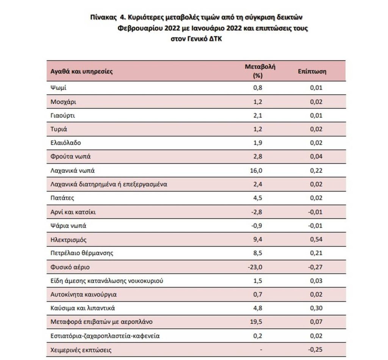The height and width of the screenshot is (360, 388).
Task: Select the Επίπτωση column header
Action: pyautogui.click(x=312, y=71)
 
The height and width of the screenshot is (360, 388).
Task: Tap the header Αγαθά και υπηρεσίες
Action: pyautogui.click(x=81, y=71)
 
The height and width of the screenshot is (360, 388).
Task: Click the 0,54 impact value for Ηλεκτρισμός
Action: pyautogui.click(x=316, y=239)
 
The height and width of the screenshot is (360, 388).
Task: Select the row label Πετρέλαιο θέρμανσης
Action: pyautogui.click(x=81, y=253)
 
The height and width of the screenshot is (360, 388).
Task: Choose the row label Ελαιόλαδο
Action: pyautogui.click(x=65, y=143)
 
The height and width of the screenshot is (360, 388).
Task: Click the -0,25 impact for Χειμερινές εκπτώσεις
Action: pyautogui.click(x=315, y=350)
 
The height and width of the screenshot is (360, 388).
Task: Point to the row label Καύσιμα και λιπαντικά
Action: pyautogui.click(x=83, y=308)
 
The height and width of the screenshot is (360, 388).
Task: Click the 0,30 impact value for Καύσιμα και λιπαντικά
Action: pyautogui.click(x=316, y=308)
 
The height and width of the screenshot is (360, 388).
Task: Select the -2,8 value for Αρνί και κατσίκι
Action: pyautogui.click(x=256, y=212)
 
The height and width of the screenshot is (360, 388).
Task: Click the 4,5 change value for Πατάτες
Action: pyautogui.click(x=258, y=198)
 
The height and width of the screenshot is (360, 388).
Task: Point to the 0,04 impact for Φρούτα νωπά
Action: pyautogui.click(x=316, y=157)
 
